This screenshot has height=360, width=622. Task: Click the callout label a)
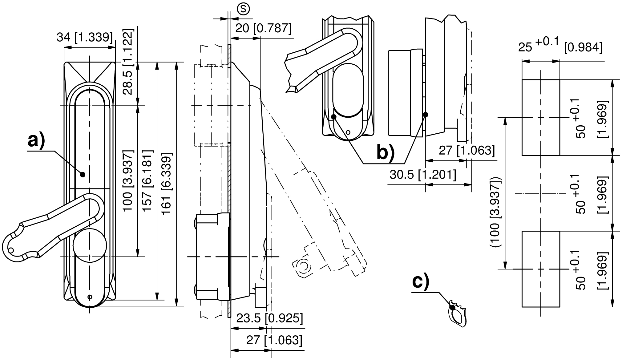pos(36,141)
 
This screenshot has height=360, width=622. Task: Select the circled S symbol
pos(243,9)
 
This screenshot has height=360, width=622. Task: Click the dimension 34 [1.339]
pos(85,37)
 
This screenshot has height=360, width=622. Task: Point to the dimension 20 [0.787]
pos(263,28)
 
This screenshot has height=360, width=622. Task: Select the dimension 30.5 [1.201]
pos(423,175)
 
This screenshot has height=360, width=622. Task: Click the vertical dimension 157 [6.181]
pos(147,180)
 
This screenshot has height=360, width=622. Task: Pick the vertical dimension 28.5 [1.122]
pos(128,62)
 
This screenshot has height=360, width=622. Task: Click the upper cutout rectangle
pos(541,117)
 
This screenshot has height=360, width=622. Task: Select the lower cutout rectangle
pos(541,269)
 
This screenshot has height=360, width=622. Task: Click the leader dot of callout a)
pos(82,174)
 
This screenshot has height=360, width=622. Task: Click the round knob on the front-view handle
pos(90,245)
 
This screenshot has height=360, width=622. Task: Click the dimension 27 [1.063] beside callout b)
pos(466,151)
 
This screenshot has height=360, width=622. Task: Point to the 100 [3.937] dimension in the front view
pos(128,180)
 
